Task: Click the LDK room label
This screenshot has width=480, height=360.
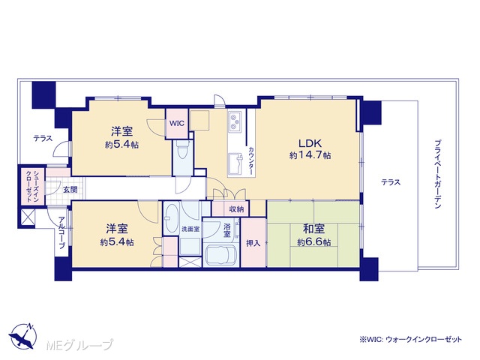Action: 310,143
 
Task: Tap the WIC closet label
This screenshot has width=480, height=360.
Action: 177,123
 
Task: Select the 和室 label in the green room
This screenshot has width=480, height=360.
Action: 313,229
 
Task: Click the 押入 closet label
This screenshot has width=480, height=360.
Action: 253,243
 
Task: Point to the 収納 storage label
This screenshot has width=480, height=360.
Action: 236,209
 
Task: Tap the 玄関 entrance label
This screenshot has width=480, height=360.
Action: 70,190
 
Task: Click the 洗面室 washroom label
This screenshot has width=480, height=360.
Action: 190,229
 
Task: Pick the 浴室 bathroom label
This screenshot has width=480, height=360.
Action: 226,230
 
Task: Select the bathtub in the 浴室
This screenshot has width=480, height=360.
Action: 220,255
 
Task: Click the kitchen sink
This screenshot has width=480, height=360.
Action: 235,163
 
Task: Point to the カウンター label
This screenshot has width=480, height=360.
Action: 251,160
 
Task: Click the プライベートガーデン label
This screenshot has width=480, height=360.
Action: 437,175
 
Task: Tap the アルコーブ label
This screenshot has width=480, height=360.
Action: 61,232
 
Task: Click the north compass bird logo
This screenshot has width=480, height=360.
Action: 22,336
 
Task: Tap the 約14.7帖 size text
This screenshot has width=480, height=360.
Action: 310,155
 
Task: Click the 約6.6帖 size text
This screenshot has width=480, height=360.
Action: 313,242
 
